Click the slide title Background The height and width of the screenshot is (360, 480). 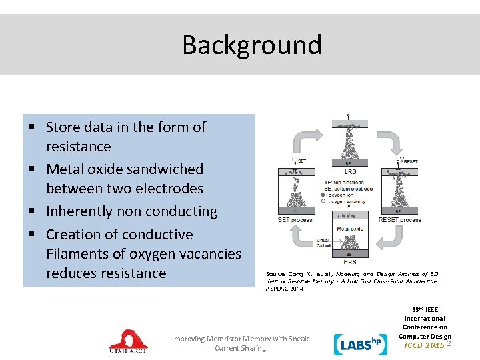click(x=252, y=45)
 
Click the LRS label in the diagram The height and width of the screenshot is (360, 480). click(x=351, y=172)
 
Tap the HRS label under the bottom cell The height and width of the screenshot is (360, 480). click(x=350, y=262)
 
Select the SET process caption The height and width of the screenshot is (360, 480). click(x=295, y=219)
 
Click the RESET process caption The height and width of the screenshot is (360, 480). click(x=399, y=219)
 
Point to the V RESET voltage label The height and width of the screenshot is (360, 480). click(x=408, y=161)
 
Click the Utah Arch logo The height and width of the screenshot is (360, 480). click(x=129, y=340)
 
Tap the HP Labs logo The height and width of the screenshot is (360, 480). click(x=357, y=343)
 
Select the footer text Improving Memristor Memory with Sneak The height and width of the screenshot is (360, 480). click(x=240, y=339)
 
